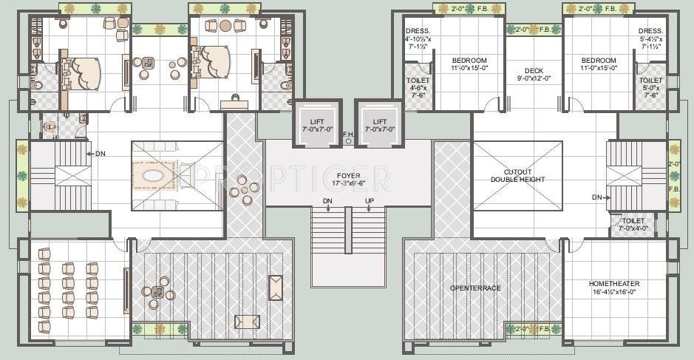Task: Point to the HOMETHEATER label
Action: pos(614,284)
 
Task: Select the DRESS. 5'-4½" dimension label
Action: pos(650,38)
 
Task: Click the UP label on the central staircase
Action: pos(369,201)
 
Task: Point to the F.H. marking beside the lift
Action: pos(348,135)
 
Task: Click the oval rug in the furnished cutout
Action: pos(154,177)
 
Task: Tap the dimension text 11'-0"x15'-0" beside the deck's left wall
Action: pos(469,67)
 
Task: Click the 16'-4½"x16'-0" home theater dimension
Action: pos(614,293)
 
